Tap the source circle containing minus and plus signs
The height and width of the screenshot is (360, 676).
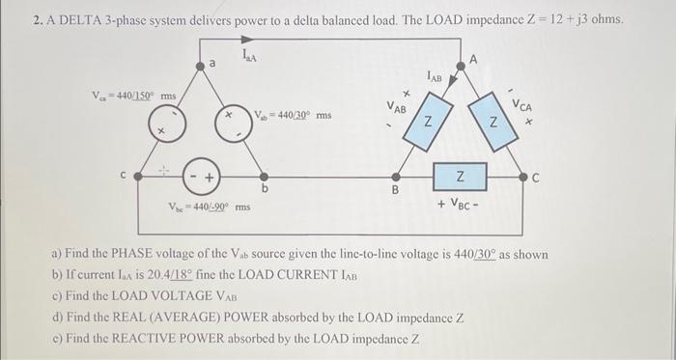(201, 177)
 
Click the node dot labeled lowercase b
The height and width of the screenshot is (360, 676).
(265, 177)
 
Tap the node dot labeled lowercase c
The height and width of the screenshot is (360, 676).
(138, 177)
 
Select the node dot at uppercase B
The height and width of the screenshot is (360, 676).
(394, 177)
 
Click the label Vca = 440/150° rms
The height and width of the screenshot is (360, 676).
(133, 97)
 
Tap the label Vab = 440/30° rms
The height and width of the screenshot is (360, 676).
(293, 116)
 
